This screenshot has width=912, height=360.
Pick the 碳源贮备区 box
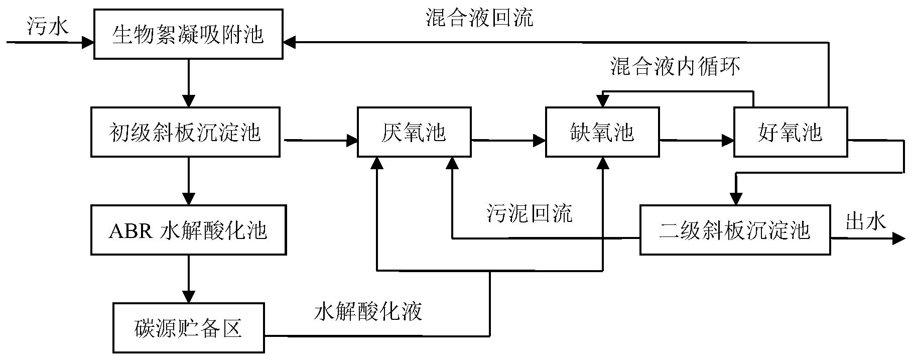pos(188,328)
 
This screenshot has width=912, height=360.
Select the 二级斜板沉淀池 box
pos(734,230)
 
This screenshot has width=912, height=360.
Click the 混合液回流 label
pos(479,18)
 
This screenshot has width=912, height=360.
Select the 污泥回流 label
pos(529,213)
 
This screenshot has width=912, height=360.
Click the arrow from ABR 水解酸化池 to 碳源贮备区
pos(188,279)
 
